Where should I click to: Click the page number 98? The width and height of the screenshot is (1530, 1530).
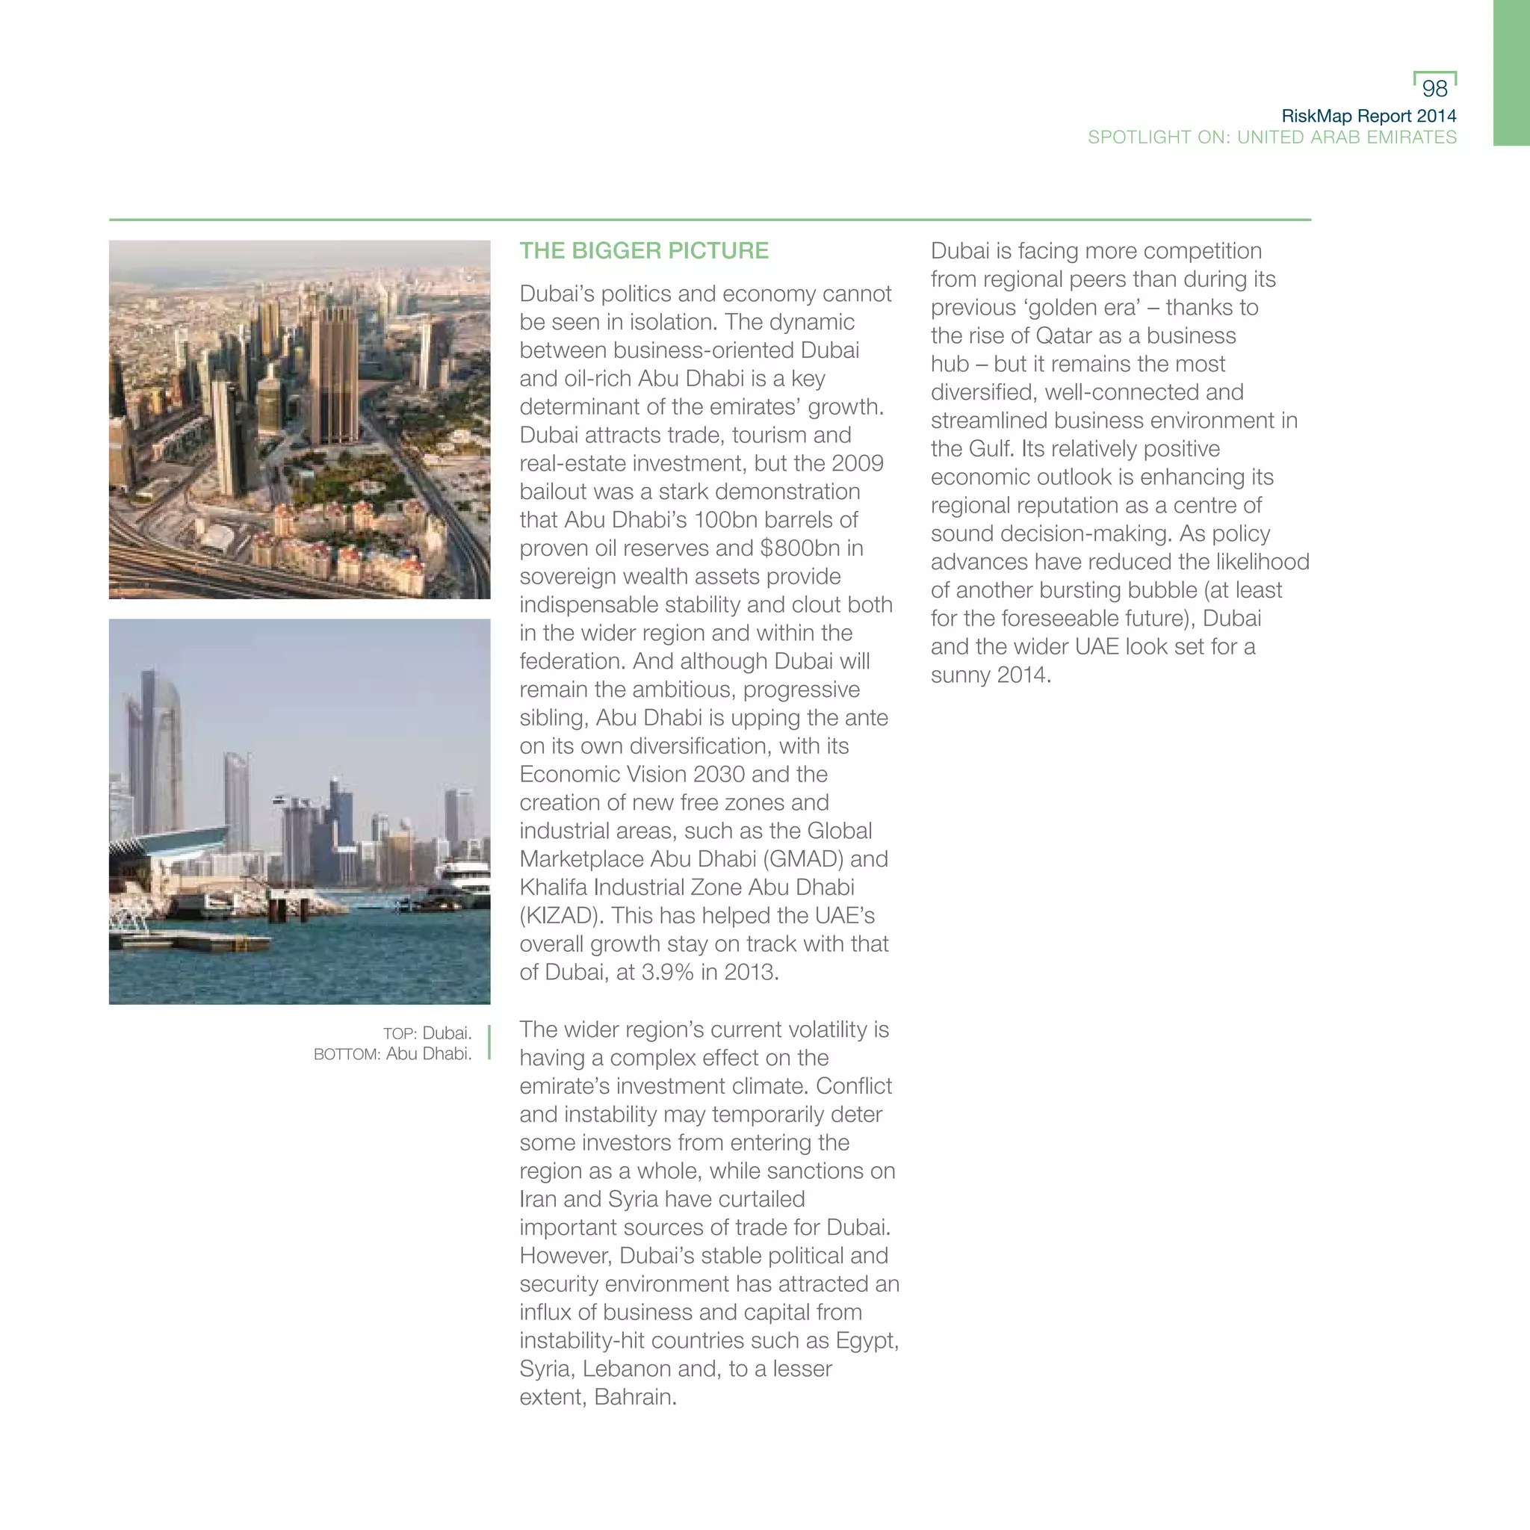[x=1434, y=88]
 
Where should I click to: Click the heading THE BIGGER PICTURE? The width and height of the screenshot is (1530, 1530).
[x=644, y=251]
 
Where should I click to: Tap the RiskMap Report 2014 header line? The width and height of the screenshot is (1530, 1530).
[x=1369, y=116]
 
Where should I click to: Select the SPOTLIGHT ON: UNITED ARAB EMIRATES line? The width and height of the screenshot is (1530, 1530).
[x=1272, y=137]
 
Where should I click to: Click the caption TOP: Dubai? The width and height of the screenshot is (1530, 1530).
[x=427, y=1033]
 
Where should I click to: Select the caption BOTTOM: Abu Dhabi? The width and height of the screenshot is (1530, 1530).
[x=393, y=1054]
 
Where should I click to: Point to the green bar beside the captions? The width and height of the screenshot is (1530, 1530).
[x=489, y=1042]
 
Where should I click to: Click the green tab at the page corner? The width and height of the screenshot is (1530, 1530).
[x=1511, y=73]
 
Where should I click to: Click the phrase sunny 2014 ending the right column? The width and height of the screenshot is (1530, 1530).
[x=990, y=675]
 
